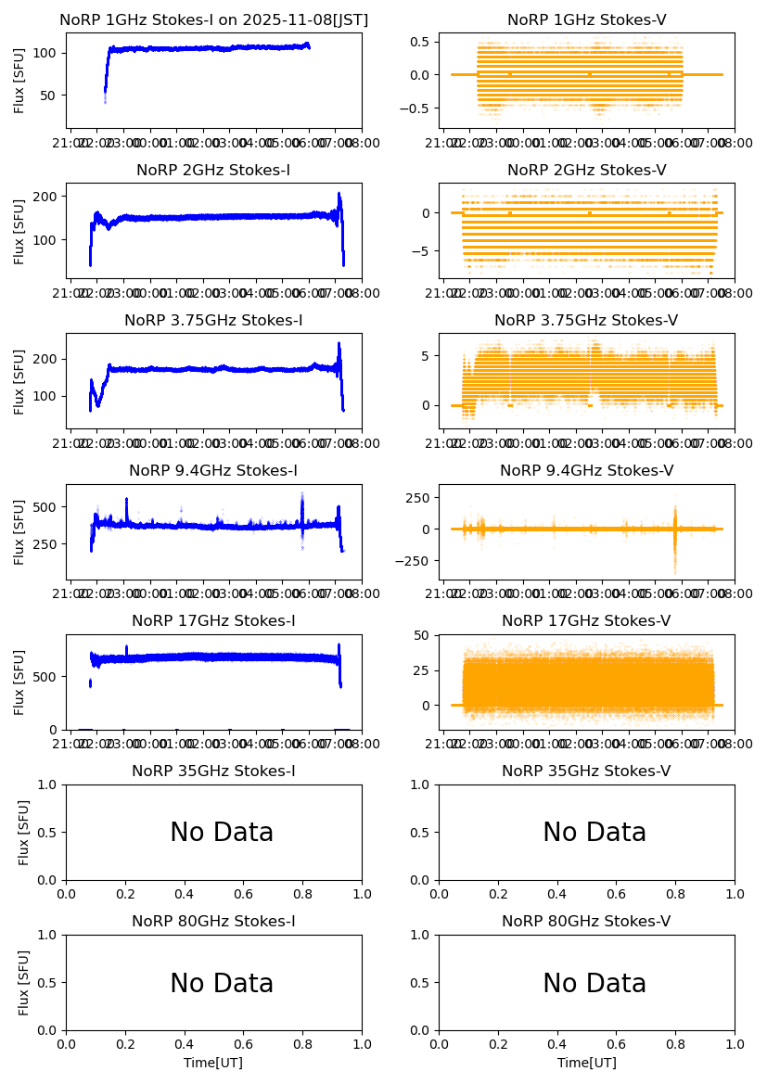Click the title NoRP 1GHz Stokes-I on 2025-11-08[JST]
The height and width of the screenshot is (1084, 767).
tap(213, 19)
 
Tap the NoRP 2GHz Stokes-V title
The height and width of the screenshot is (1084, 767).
tap(586, 170)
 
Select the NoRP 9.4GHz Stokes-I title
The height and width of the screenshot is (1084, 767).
tap(213, 470)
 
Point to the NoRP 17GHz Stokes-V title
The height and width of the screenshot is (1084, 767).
tap(586, 620)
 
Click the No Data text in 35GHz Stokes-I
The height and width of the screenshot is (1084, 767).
tap(222, 833)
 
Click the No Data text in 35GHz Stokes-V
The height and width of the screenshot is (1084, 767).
tap(594, 833)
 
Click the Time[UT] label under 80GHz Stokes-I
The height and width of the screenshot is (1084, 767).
tap(213, 1063)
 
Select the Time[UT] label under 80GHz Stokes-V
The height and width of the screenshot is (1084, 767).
tap(586, 1063)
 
